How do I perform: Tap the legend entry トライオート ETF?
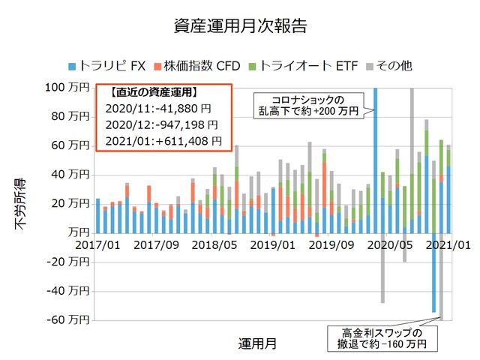[x=301, y=66]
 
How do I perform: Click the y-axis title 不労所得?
[x=20, y=204]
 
